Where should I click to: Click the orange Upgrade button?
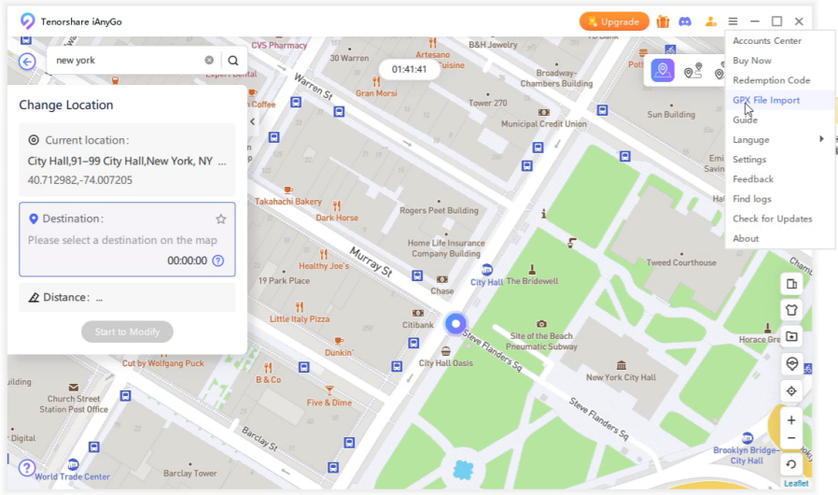pos(613,21)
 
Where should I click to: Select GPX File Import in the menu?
pos(766,100)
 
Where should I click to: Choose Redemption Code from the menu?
pos(771,80)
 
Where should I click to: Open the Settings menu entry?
pos(749,160)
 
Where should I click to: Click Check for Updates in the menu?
pos(772,219)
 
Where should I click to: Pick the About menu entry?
pos(746,238)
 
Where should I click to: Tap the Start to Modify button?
pos(127,332)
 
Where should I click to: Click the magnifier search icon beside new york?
pos(233,61)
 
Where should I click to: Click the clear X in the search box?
pos(209,61)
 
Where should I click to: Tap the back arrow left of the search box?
pos(27,61)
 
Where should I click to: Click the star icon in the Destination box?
pos(221,219)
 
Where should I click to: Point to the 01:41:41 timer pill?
pos(409,69)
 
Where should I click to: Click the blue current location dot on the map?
pos(455,323)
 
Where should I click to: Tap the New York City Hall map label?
pos(621,377)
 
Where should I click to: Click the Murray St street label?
pos(370,262)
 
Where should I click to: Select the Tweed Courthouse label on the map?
pos(681,262)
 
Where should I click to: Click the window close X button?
pos(799,21)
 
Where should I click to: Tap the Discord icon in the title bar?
pos(685,21)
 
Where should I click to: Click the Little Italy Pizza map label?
pos(300,318)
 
